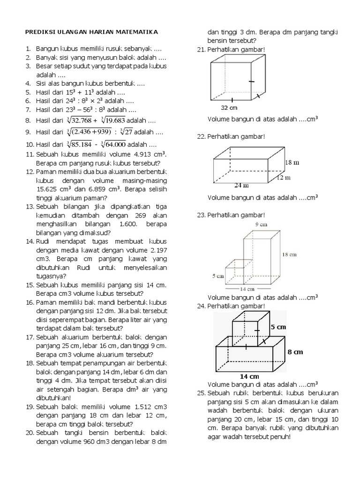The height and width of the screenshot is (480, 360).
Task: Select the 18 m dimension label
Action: [x=292, y=163]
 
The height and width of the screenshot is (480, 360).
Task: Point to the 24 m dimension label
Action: [x=241, y=185]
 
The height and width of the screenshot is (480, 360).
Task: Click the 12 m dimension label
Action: [x=284, y=178]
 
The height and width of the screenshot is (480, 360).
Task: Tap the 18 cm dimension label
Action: [x=289, y=255]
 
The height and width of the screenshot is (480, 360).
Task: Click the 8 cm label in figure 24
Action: [x=295, y=352]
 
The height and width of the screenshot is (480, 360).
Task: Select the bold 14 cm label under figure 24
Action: [x=249, y=376]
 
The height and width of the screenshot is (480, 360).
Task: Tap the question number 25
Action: [x=201, y=392]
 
